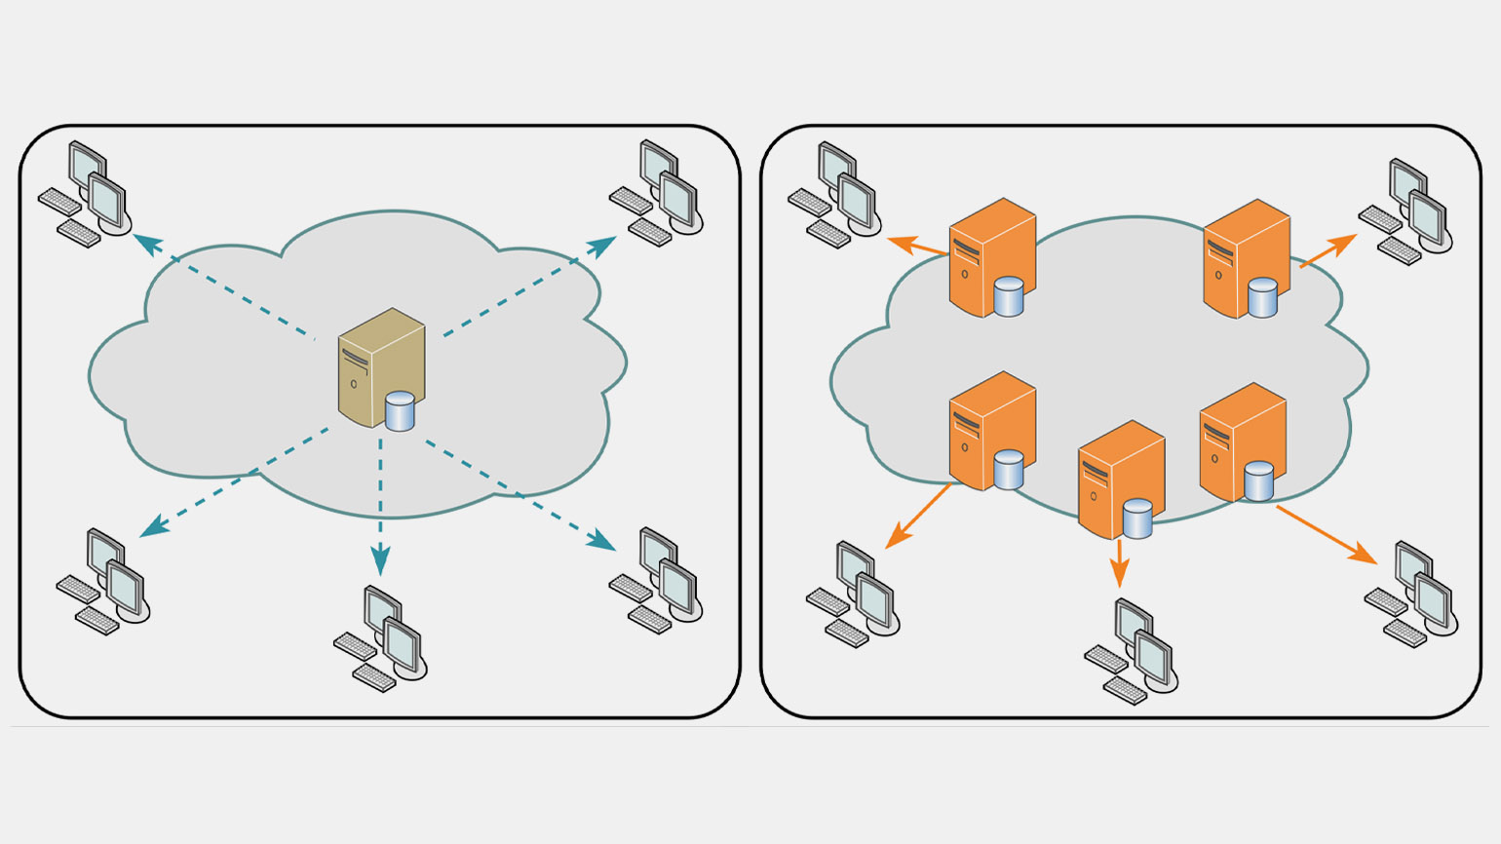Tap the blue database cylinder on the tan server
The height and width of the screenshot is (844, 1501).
[x=400, y=410]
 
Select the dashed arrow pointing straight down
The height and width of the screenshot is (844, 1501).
[x=380, y=507]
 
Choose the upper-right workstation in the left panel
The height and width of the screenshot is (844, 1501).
[x=658, y=193]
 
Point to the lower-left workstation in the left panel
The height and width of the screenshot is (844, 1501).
[x=103, y=582]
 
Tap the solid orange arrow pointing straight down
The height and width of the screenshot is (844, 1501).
[x=1120, y=562]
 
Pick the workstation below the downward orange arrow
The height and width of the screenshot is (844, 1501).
[x=1132, y=651]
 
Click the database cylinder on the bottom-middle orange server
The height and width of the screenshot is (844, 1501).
[x=1137, y=518]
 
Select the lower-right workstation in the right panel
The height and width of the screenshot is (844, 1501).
[x=1412, y=594]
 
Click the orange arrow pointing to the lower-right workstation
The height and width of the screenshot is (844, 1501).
[x=1326, y=534]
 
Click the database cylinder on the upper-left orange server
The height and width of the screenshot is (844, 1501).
[x=1008, y=296]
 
